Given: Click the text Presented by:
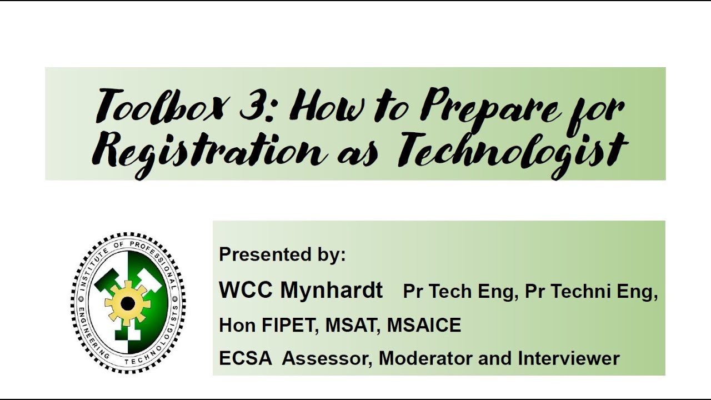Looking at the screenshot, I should point(282,254).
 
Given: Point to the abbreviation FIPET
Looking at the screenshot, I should point(289,325).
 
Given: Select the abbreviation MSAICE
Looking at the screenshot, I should point(424,325).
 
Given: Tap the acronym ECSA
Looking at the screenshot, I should point(246,358).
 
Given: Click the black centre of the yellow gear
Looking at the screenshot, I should point(128,303).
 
